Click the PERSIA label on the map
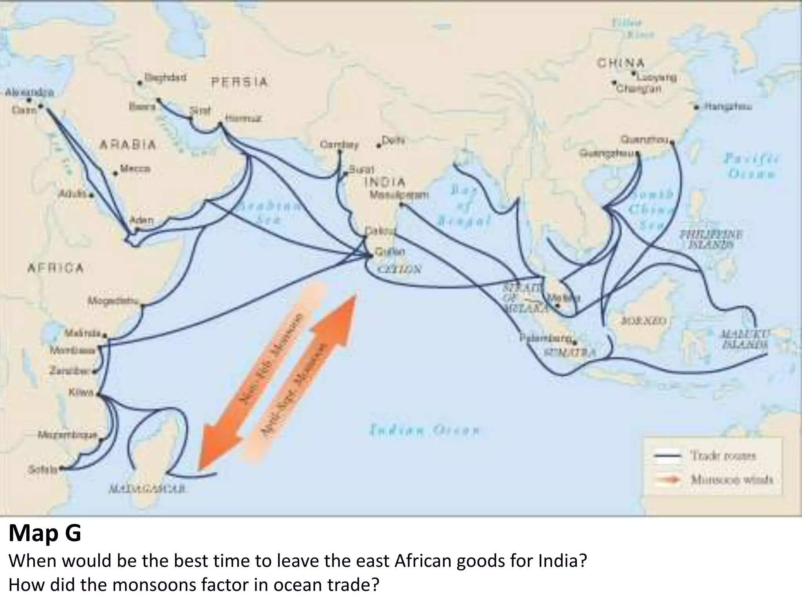(240, 82)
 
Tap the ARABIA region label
(128, 145)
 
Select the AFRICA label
(55, 268)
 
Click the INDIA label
(385, 182)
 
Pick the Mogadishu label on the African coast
(113, 301)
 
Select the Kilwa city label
(81, 392)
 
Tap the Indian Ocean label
(424, 431)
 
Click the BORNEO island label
(644, 321)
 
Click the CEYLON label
(399, 269)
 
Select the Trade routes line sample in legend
(668, 456)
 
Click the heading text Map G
(45, 533)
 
